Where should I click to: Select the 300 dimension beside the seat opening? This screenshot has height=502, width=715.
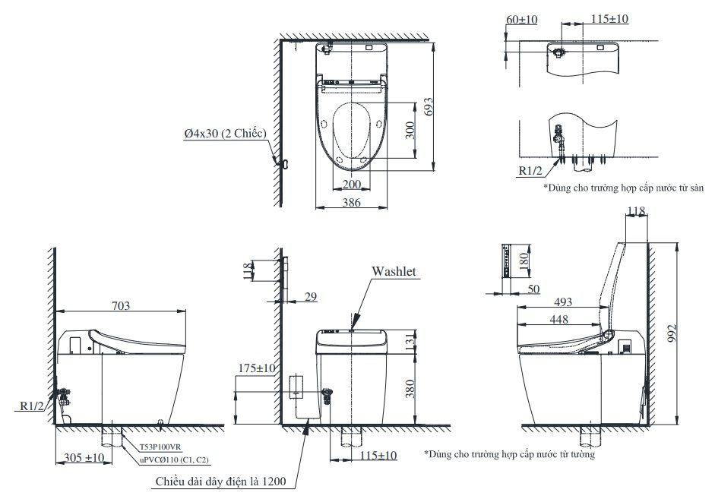tap(410, 131)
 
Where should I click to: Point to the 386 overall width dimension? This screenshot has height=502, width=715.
tap(350, 203)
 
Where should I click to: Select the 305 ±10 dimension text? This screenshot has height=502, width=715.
tap(84, 458)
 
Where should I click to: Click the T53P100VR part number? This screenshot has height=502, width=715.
tap(161, 449)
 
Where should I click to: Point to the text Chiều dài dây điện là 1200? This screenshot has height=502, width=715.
tap(220, 481)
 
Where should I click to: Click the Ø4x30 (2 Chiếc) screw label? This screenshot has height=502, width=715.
tap(224, 134)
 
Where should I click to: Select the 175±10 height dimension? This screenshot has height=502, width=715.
tap(255, 368)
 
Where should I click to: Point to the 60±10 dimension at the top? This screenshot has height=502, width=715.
tap(520, 18)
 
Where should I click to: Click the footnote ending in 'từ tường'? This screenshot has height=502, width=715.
tap(509, 454)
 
